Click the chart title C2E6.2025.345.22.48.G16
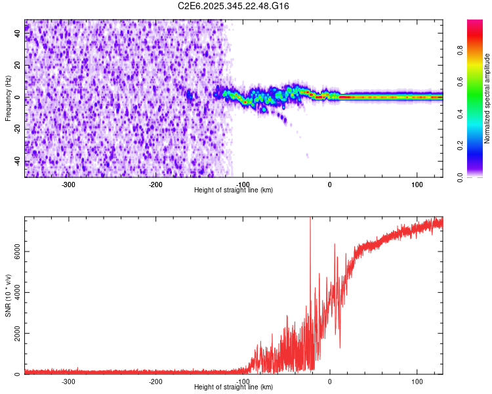[234, 6]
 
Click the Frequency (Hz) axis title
[8, 98]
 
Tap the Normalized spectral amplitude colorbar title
[487, 98]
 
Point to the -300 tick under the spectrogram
[69, 184]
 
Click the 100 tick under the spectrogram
[417, 184]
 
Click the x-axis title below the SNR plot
[234, 387]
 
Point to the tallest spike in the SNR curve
[310, 220]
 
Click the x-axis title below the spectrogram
[234, 190]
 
